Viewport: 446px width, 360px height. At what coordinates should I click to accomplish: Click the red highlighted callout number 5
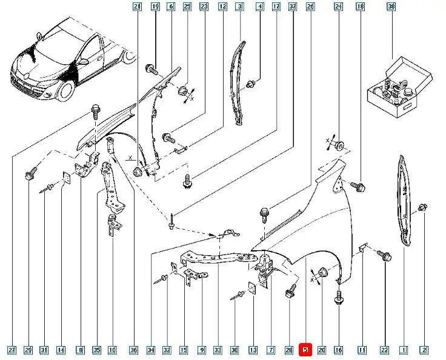305,350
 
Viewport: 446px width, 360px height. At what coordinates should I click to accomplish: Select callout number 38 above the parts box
391,7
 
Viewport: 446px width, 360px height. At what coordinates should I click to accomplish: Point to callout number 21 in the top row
137,7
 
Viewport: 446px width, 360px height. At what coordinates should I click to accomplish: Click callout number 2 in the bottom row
424,350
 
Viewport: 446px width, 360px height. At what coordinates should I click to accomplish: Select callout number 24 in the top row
338,7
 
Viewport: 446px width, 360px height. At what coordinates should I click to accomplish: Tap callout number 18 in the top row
360,7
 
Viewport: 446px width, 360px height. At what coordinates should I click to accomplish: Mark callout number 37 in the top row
293,7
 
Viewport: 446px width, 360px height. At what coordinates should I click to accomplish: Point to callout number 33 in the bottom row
218,350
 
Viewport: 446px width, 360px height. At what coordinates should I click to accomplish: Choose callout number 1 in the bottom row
404,350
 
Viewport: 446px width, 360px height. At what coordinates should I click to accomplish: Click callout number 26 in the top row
310,7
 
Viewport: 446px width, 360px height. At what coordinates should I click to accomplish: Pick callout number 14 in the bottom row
61,350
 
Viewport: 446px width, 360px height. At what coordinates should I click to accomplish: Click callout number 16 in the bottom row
338,350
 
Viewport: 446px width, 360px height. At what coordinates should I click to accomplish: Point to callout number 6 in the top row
170,7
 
